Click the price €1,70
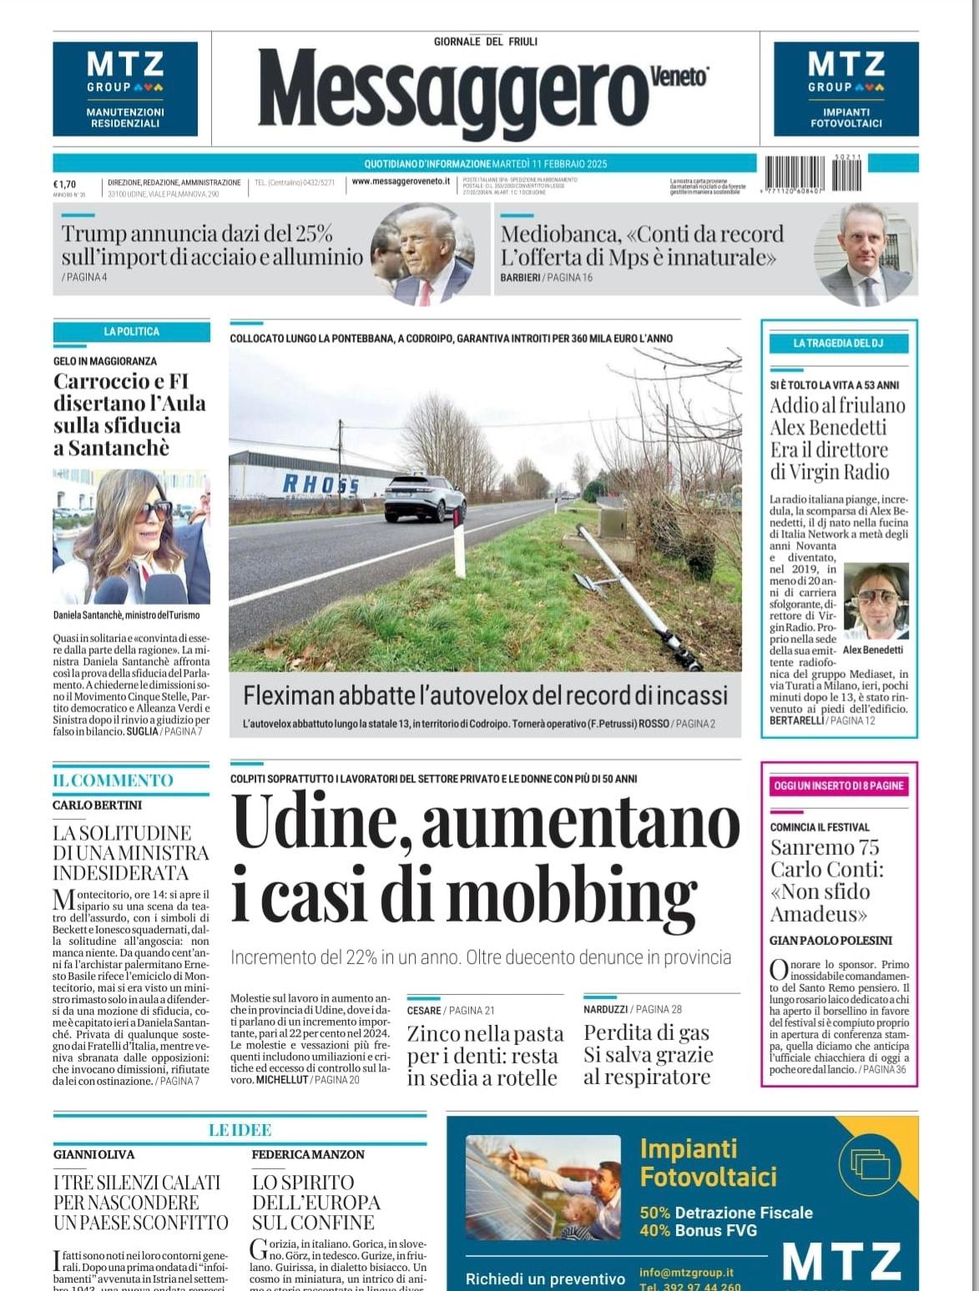coord(64,184)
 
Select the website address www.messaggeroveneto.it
coord(401,181)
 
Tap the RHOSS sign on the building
coord(320,484)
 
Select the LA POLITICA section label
coord(131,332)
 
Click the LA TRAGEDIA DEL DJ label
coord(838,344)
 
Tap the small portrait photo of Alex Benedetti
coord(876,601)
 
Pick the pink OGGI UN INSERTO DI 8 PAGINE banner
coord(838,786)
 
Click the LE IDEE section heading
coord(240,1130)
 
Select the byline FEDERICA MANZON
coord(308,1154)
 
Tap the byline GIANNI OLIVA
coord(93,1154)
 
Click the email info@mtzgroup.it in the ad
coord(686,1272)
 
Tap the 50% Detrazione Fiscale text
coord(725,1213)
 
